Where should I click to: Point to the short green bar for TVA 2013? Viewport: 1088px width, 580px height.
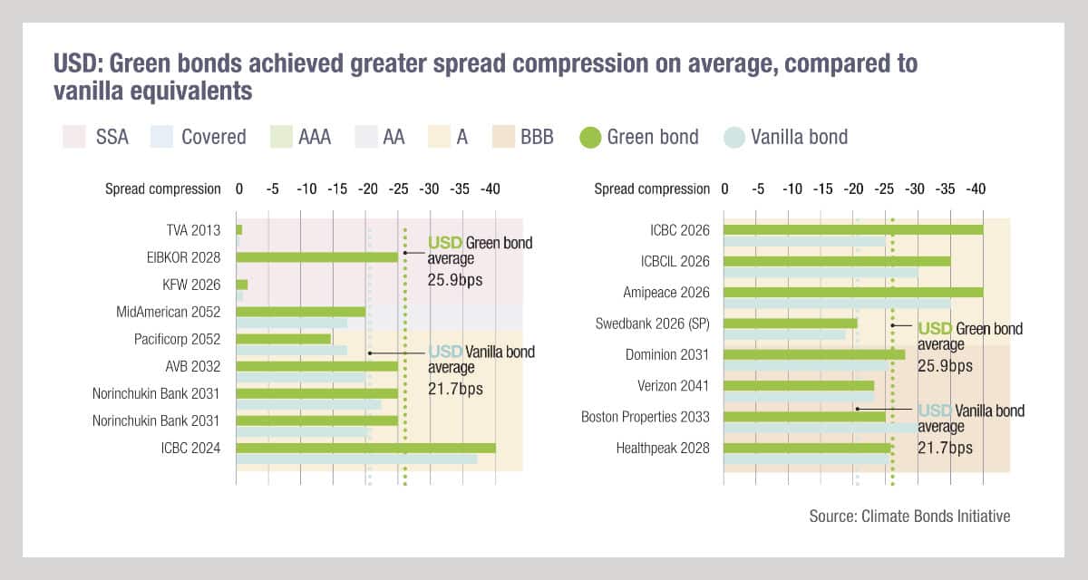coord(239,230)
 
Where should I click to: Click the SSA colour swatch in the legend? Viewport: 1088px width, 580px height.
coord(73,137)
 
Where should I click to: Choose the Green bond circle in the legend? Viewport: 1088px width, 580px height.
coord(590,137)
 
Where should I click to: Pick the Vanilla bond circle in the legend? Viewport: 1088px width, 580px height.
coord(734,137)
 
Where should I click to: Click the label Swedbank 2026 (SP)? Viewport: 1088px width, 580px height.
coord(653,324)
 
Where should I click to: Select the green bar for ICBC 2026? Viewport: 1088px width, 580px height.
coord(853,230)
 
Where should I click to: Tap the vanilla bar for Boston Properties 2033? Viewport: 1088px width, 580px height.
coord(821,428)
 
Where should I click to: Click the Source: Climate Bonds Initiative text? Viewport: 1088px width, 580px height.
coord(909,516)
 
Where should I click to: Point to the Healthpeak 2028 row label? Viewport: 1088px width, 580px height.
coord(663,448)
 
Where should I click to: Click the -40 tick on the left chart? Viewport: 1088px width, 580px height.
coord(490,188)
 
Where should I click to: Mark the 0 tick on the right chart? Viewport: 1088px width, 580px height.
coord(724,188)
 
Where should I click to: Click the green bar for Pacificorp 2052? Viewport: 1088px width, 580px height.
coord(283,339)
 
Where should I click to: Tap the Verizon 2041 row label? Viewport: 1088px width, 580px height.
coord(674,386)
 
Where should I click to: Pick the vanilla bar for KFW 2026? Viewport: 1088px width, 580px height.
coord(239,296)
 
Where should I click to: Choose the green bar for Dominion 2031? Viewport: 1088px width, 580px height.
coord(814,354)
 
